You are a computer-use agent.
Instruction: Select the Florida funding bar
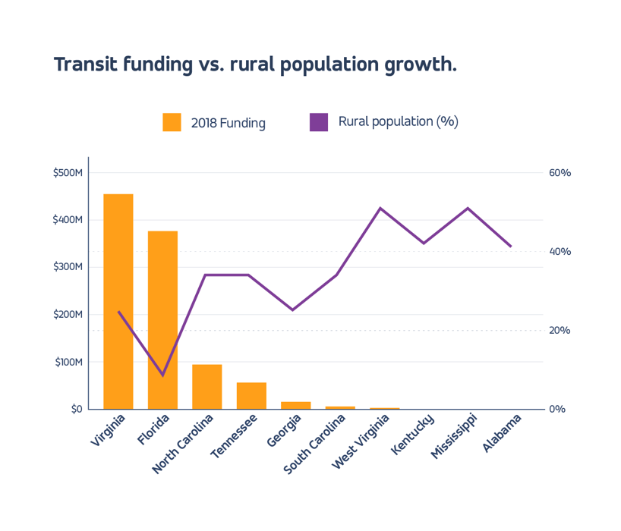162,319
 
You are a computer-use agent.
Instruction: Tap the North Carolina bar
206,386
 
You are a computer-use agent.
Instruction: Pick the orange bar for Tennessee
251,395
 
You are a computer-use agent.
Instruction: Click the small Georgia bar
295,405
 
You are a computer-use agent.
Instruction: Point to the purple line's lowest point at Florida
162,375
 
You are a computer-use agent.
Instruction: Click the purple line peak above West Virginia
380,208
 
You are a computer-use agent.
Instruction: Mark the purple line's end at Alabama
511,247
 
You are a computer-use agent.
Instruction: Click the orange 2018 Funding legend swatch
172,122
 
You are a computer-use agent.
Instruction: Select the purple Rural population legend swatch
319,122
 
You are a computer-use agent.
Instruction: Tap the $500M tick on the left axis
68,173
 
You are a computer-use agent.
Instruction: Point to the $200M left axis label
68,314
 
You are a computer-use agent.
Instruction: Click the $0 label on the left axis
76,409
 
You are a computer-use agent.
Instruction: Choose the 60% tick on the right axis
560,173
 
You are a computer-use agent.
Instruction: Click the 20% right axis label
560,330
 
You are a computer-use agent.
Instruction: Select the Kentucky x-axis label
413,434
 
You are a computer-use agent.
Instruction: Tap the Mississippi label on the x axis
454,436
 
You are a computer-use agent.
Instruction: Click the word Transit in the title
84,64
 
